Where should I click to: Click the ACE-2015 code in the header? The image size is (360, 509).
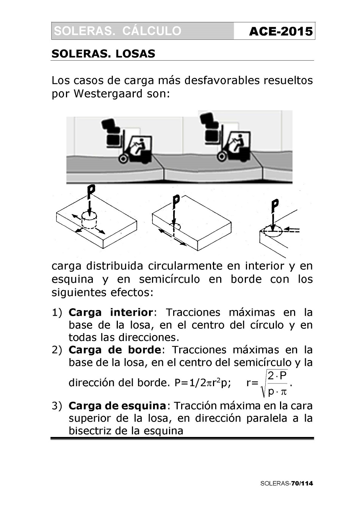click(x=281, y=31)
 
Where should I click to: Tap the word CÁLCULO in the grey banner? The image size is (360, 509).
click(x=152, y=31)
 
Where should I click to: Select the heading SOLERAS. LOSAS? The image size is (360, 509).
click(x=103, y=54)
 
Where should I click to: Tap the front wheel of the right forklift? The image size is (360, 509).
click(x=222, y=156)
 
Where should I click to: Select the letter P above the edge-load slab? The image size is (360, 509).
click(x=175, y=201)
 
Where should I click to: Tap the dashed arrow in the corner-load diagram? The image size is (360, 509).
click(x=292, y=230)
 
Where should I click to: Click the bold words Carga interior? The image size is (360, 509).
click(x=110, y=313)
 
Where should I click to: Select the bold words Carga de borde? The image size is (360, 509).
click(x=114, y=350)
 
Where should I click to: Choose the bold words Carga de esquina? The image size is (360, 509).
click(x=117, y=406)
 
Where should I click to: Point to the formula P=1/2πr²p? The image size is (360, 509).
click(x=202, y=383)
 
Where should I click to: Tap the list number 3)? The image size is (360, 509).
click(x=56, y=406)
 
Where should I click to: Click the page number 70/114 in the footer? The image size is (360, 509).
click(x=302, y=483)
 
